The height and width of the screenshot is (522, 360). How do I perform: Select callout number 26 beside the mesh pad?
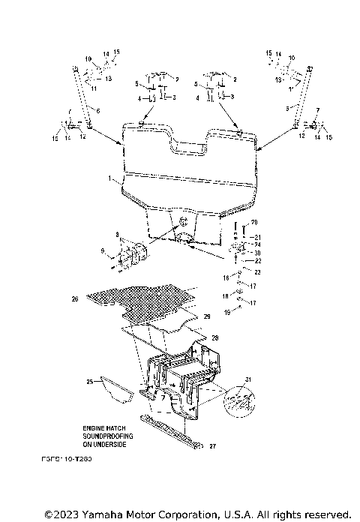(74, 299)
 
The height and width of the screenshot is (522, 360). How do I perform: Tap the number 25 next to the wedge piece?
(89, 382)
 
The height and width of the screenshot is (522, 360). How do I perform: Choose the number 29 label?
(208, 317)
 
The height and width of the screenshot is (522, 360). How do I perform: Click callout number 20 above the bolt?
(253, 222)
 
